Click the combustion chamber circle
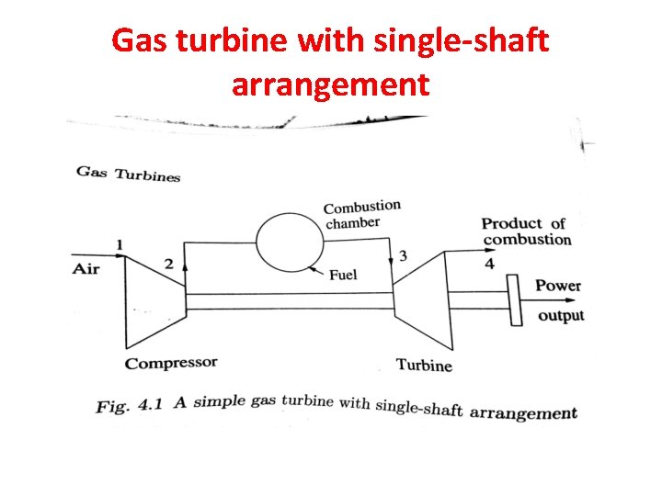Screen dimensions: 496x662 [x=290, y=242]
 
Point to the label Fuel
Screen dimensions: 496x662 [x=342, y=274]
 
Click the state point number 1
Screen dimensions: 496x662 [x=120, y=243]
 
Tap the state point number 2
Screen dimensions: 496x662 [x=168, y=264]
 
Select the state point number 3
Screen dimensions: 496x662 [x=403, y=254]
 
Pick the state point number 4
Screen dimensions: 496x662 [x=489, y=264]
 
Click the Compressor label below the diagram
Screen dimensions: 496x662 [x=171, y=363]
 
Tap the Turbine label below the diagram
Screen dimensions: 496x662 [x=424, y=365]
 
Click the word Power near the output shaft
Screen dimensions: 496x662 [x=557, y=286]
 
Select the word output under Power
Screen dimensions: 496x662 [x=561, y=315]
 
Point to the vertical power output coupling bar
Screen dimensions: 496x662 [x=515, y=299]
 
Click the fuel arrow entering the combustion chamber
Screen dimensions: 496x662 [x=317, y=269]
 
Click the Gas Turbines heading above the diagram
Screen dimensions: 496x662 [x=128, y=174]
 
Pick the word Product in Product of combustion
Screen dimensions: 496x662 [x=512, y=223]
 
